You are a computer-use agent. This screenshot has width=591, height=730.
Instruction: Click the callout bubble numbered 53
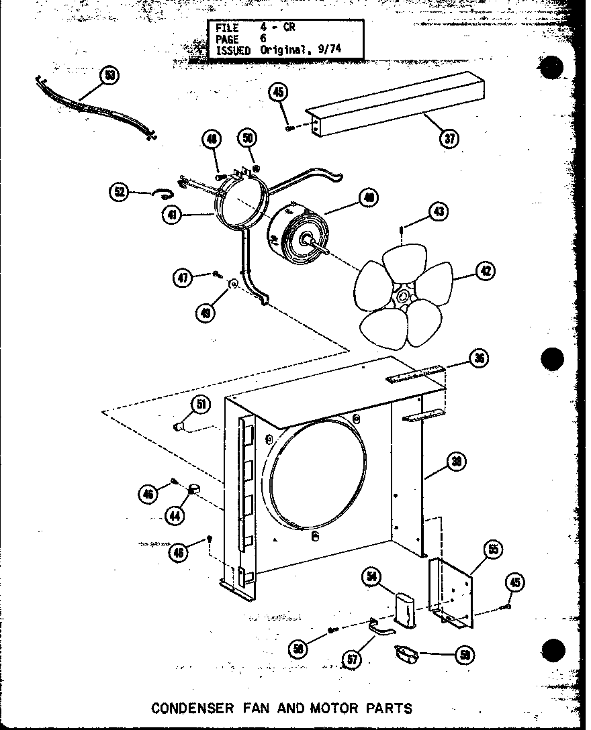(109, 75)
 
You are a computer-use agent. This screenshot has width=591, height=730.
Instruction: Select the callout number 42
(484, 271)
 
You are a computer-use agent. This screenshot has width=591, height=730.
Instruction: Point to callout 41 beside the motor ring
(173, 215)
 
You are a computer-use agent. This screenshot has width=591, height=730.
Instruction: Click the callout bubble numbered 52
(120, 192)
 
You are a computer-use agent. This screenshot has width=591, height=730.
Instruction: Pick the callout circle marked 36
(480, 358)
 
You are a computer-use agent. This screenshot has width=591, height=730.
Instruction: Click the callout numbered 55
(492, 550)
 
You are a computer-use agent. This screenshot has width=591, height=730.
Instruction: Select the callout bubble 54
(371, 576)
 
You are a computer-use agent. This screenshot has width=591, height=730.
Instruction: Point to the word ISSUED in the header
(233, 50)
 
